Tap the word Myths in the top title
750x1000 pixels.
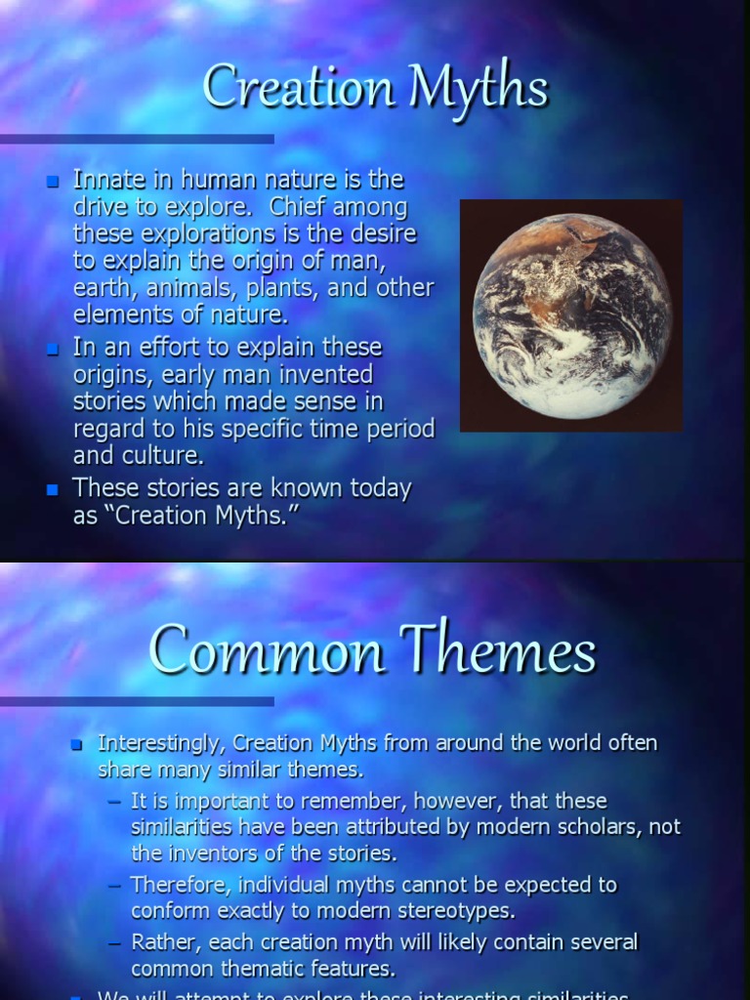tap(479, 87)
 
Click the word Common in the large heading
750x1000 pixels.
tap(267, 649)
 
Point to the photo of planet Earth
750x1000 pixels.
tap(571, 314)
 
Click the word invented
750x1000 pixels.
tap(324, 374)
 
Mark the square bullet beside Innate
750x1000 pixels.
tap(54, 182)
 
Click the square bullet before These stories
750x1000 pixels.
tap(54, 489)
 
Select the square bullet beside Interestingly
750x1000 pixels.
tap(77, 744)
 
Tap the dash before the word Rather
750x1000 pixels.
tap(116, 943)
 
